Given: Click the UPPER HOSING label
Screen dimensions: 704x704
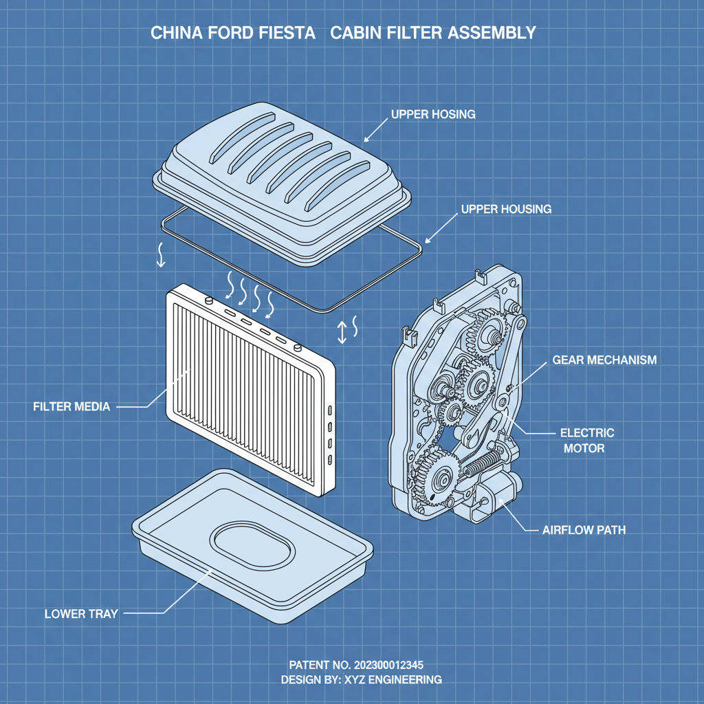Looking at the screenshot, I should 433,114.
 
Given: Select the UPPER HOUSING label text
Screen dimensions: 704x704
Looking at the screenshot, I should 505,208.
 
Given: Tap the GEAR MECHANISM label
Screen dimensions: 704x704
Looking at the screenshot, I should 604,360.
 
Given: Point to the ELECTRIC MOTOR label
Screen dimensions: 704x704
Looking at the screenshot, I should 587,441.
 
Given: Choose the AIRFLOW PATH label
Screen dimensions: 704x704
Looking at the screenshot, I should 584,530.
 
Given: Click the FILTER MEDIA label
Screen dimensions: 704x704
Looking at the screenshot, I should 71,406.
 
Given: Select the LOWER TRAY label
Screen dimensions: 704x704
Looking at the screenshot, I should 81,613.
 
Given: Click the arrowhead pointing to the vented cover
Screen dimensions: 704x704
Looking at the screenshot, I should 366,136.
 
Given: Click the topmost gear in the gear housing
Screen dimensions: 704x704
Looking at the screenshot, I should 487,333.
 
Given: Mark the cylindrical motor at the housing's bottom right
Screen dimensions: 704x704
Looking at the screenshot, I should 496,496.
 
